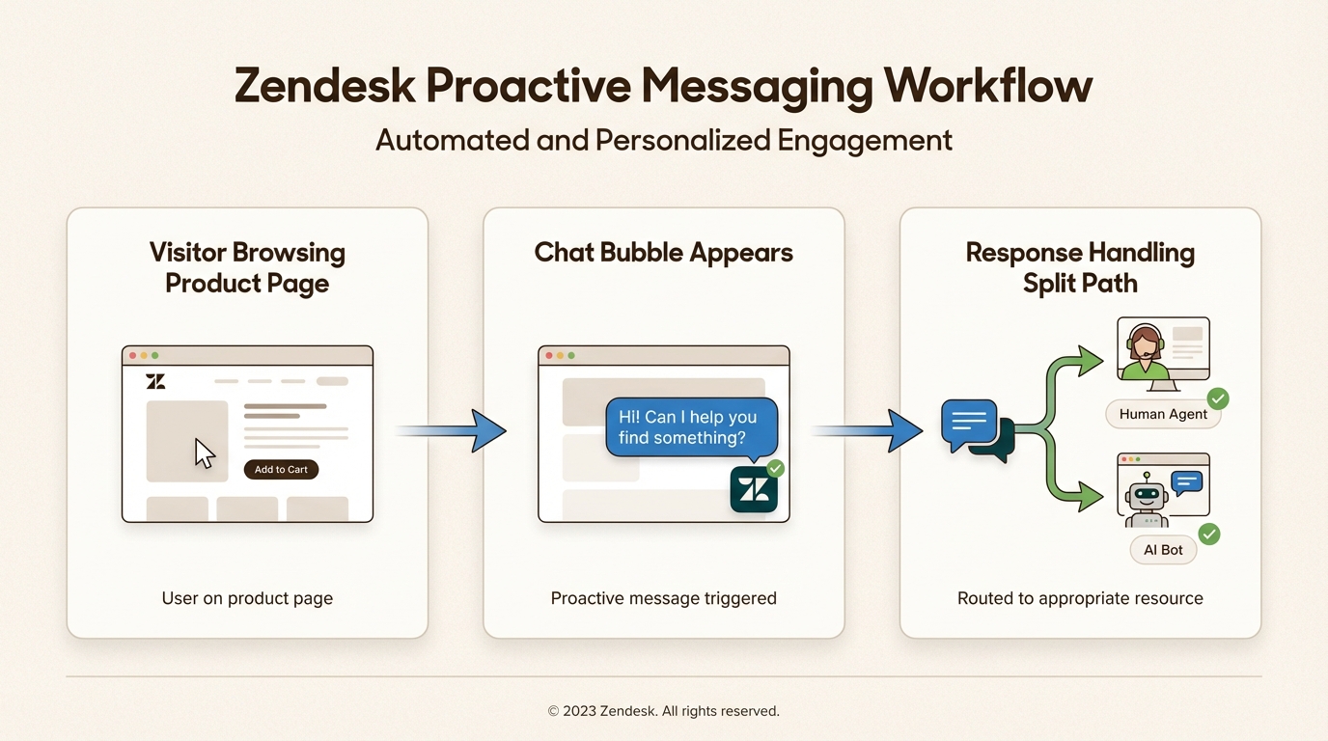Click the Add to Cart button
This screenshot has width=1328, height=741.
281,470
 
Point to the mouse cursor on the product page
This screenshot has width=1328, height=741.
204,454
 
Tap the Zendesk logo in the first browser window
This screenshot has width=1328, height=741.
155,381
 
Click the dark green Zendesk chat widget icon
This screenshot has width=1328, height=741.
754,489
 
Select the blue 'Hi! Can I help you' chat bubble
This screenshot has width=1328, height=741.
691,427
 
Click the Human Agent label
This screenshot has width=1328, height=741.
1163,414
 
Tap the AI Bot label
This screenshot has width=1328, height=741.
1163,550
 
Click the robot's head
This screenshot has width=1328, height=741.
1147,494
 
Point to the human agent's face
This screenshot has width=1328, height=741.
1145,343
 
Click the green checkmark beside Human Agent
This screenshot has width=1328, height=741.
1218,398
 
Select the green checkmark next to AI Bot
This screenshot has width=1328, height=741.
1209,535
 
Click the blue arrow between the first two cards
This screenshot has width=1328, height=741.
451,431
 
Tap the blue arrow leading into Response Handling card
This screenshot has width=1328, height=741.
867,431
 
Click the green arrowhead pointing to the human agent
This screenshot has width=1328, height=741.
1090,361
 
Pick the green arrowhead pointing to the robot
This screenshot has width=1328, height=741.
1090,497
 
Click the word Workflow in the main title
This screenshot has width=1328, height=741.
987,86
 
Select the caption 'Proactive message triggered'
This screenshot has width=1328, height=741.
663,598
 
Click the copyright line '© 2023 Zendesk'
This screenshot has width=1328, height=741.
663,711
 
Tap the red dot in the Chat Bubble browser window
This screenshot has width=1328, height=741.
549,356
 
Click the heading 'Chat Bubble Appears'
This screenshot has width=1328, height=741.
663,253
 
